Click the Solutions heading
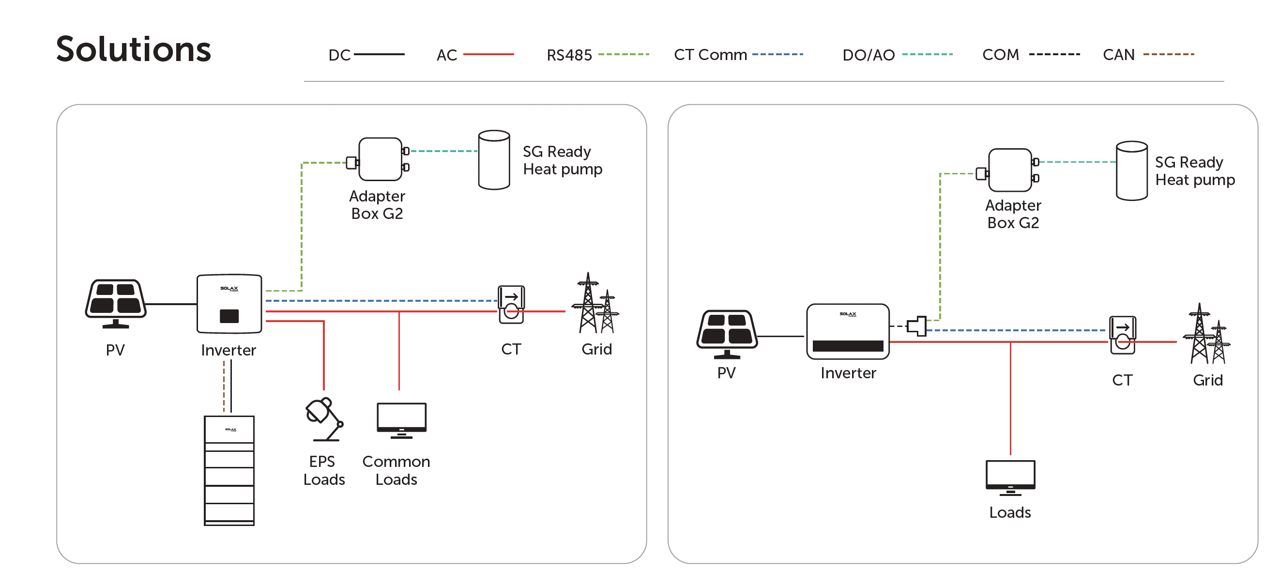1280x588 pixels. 133,49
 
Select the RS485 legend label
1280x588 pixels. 569,55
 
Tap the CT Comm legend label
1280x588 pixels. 710,55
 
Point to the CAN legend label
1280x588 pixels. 1118,55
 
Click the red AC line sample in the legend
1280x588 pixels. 488,54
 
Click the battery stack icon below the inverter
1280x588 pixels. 229,470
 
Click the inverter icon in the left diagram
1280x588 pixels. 229,303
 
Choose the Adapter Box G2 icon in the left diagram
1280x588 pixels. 380,159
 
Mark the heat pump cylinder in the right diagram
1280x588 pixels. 1131,170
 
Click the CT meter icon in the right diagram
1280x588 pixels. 1122,335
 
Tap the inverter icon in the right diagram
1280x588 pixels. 848,331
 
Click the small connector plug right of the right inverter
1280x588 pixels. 917,326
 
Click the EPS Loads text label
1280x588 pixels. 324,470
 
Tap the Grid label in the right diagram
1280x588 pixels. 1207,380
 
